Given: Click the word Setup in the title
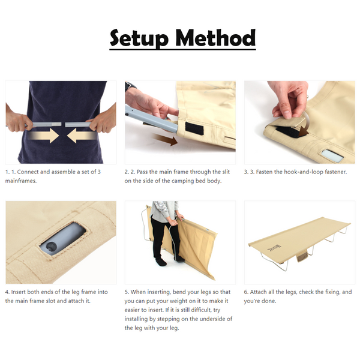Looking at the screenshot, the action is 139,38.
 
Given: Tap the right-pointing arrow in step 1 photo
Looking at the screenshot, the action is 43,136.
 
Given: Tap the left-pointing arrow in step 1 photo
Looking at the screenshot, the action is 82,136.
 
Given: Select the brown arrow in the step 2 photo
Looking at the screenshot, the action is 165,140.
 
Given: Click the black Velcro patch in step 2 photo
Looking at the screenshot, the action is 194,128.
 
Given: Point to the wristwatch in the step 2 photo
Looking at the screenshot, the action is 130,86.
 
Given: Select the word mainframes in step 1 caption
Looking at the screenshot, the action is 21,181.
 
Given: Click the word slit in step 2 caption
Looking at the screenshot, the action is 226,172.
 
